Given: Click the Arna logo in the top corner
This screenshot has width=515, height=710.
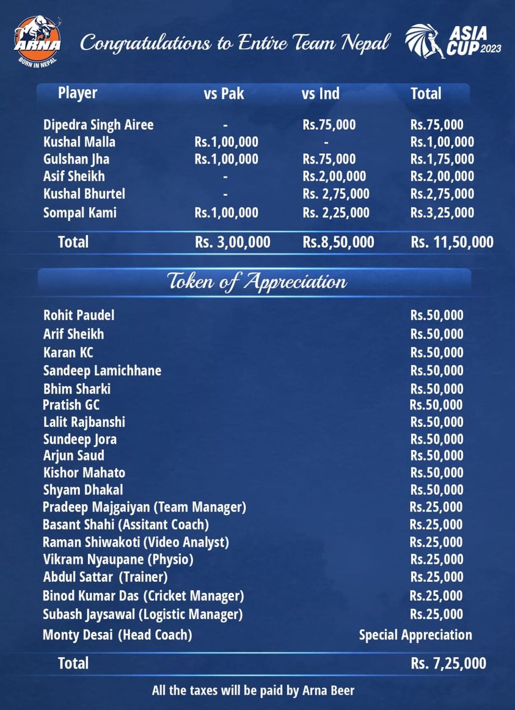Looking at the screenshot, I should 37,41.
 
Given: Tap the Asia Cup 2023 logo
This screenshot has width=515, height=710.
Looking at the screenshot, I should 453,42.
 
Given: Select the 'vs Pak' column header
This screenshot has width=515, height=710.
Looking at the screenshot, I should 224,94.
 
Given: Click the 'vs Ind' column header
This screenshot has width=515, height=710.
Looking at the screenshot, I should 320,94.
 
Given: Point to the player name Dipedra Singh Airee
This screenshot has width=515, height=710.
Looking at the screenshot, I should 98,125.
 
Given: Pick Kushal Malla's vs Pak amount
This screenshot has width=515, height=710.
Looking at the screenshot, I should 226,142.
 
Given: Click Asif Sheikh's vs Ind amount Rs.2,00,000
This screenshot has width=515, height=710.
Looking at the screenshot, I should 334,176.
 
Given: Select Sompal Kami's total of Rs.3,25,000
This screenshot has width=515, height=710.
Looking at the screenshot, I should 442,212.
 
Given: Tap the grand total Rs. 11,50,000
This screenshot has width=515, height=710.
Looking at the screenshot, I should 451,242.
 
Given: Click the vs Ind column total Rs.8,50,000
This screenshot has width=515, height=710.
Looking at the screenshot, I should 338,242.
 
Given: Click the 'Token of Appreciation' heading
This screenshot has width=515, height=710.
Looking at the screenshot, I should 257,281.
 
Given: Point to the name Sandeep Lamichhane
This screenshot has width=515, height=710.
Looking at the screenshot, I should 102,371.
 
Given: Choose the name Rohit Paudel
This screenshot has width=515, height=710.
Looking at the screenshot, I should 79,316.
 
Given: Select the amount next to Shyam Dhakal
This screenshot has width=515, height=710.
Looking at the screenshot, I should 436,490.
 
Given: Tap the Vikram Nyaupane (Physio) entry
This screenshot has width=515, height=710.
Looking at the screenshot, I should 118,559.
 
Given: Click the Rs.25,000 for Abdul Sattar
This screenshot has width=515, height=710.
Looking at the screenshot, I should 436,577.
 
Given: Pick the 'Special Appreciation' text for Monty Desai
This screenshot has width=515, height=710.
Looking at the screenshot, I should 415,635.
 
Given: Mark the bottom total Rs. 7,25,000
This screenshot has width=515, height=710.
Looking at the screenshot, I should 448,664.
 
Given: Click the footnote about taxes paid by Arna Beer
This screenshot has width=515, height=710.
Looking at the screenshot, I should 253,691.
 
